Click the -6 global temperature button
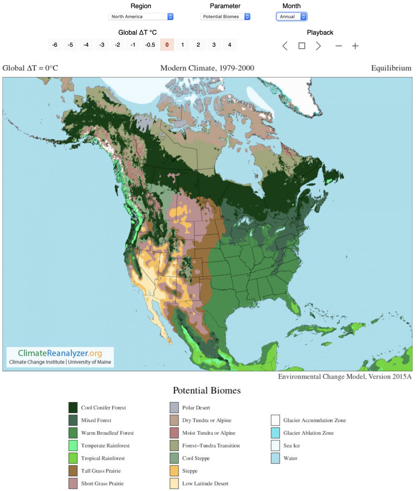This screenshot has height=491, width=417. (x=55, y=45)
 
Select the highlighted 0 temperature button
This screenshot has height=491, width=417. (x=167, y=45)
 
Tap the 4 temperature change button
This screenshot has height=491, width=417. (x=230, y=45)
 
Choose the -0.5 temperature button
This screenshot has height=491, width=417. (x=150, y=45)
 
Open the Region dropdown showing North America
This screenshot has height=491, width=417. (x=141, y=17)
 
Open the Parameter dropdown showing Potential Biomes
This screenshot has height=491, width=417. (x=225, y=17)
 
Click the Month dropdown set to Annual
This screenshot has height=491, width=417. (x=291, y=17)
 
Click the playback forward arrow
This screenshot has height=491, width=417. (x=318, y=46)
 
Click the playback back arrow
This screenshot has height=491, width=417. (x=285, y=46)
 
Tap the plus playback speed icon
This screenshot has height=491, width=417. (x=355, y=46)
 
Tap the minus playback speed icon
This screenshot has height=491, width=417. (x=339, y=46)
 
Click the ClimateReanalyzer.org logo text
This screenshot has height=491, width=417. (x=60, y=353)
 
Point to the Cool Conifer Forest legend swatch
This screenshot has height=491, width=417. (x=73, y=408)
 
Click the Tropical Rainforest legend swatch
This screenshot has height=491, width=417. (x=73, y=458)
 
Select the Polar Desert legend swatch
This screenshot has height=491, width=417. (x=174, y=408)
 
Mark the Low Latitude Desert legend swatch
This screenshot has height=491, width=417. (x=174, y=483)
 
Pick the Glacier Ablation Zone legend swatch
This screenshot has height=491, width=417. (x=275, y=433)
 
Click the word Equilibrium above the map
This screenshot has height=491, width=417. (x=391, y=68)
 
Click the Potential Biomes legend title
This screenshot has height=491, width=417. (x=207, y=390)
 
